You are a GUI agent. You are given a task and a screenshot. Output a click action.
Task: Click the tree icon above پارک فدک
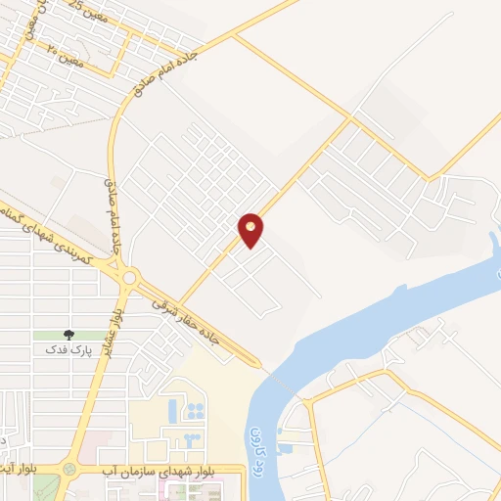coord(68,335)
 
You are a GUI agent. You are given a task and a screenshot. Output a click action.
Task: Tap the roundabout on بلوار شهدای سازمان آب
coord(67,470)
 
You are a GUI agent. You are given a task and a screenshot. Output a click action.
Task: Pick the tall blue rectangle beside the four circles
coord(173,410)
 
